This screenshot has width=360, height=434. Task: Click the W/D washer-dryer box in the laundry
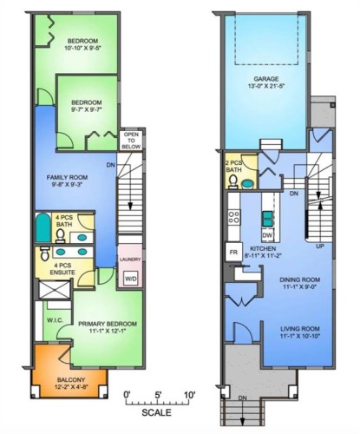coord(130,279)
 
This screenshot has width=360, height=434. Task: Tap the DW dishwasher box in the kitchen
coord(268,235)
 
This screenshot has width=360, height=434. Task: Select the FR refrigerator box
coord(232,253)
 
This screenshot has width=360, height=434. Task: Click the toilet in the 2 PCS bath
coord(248,182)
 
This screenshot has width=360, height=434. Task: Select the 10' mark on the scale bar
coord(189,396)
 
